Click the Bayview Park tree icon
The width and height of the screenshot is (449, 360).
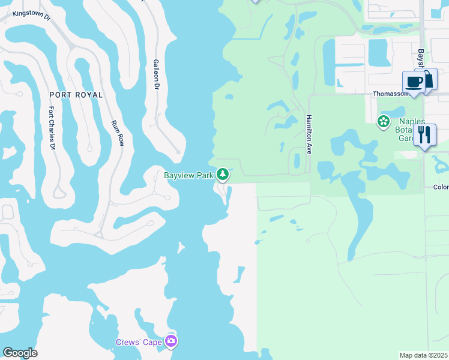(x=223, y=175)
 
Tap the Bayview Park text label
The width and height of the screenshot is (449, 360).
(x=189, y=175)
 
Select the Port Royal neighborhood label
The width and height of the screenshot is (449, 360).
(x=76, y=95)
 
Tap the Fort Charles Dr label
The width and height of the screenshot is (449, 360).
(x=52, y=128)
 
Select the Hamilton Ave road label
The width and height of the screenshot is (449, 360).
(x=309, y=134)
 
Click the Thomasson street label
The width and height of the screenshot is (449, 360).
(x=390, y=94)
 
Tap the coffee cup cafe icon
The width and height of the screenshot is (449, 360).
(x=414, y=82)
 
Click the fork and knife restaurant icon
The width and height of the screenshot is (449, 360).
(x=425, y=134)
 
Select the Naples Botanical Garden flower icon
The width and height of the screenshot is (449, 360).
(x=383, y=122)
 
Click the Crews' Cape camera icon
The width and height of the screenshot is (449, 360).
(x=172, y=341)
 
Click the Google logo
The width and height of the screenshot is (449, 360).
(x=20, y=353)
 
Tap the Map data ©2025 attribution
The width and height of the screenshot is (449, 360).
(x=424, y=355)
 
